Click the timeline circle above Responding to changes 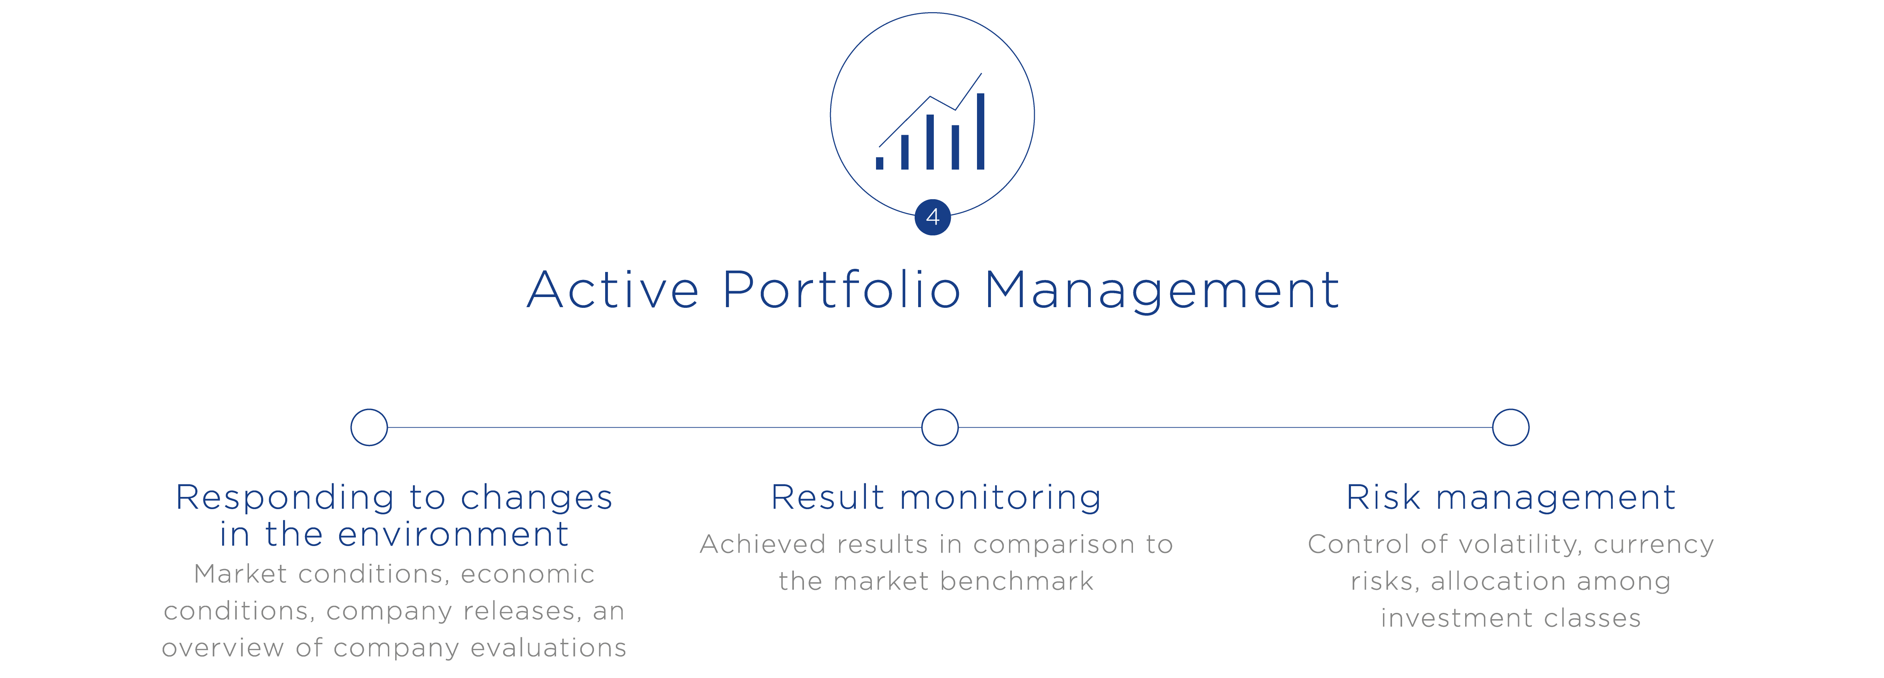coord(369,427)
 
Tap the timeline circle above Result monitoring coord(940,427)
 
